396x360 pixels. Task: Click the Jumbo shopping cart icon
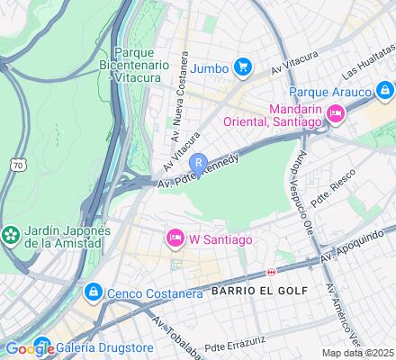point(242,66)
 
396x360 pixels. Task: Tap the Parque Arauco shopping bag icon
point(385,91)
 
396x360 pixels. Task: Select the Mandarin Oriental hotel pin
point(335,112)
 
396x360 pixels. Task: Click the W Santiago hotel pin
point(175,238)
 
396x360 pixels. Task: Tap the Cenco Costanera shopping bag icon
point(93,292)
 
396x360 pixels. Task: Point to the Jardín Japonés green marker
point(11,235)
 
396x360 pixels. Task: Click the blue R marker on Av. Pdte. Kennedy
point(199,163)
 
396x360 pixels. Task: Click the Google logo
point(30,349)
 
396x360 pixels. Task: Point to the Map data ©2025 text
point(358,353)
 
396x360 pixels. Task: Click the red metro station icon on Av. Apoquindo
point(271,272)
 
